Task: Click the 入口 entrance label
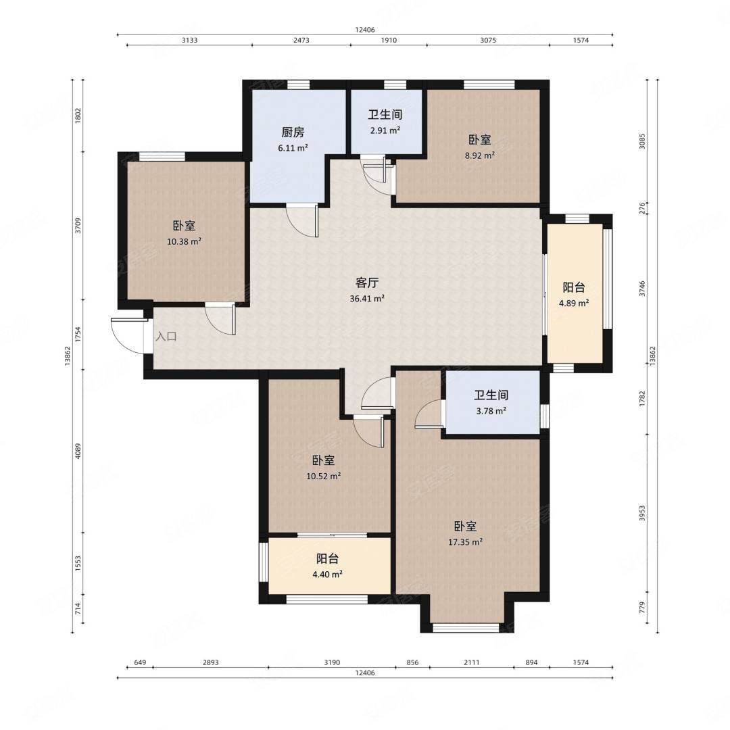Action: (166, 336)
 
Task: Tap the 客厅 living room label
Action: (367, 283)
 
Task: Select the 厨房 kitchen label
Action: (293, 132)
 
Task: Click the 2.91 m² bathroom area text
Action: (385, 130)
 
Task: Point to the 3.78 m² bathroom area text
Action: (491, 411)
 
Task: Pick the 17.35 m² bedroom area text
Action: (465, 542)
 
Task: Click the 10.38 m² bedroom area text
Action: (184, 241)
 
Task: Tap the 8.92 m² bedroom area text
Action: (479, 155)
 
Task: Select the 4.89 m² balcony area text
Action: (574, 303)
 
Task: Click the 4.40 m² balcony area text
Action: (327, 575)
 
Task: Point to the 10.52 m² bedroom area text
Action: (323, 477)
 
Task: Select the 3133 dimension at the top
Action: (189, 40)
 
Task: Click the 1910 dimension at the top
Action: (389, 40)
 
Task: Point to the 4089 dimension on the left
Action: (78, 451)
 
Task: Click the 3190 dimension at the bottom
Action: (332, 662)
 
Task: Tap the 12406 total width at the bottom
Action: (364, 673)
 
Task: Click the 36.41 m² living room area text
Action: (367, 299)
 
